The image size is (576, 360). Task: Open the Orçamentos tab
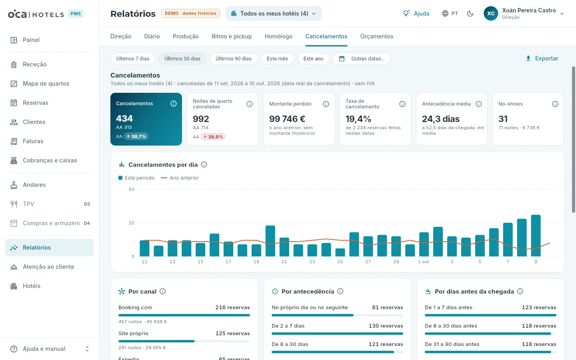coord(377,36)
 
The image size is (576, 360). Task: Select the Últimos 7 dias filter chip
coord(133,59)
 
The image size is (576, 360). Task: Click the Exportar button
coord(542,58)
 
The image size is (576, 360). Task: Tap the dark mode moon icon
coord(470,13)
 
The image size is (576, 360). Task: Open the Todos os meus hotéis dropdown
coord(274,13)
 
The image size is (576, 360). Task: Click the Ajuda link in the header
coord(416,13)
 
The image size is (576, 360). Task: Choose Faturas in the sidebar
coord(33,141)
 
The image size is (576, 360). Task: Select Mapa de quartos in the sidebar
coord(46,84)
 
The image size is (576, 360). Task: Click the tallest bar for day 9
coord(536,236)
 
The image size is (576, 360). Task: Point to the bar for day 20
coord(270,241)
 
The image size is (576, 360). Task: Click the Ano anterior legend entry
coord(180,178)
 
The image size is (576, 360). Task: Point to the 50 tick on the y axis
coord(131,189)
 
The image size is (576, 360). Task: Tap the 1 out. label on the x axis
coord(424,262)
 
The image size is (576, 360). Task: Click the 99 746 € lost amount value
coord(287,119)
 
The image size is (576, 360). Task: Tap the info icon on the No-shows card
coord(555,104)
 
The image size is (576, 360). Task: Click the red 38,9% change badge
coord(213,137)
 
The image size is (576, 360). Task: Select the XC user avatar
coord(491,13)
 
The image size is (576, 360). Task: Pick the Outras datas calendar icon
coord(342,59)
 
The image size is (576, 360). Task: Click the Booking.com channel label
coord(135,307)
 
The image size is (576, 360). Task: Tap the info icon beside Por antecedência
coord(340,291)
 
